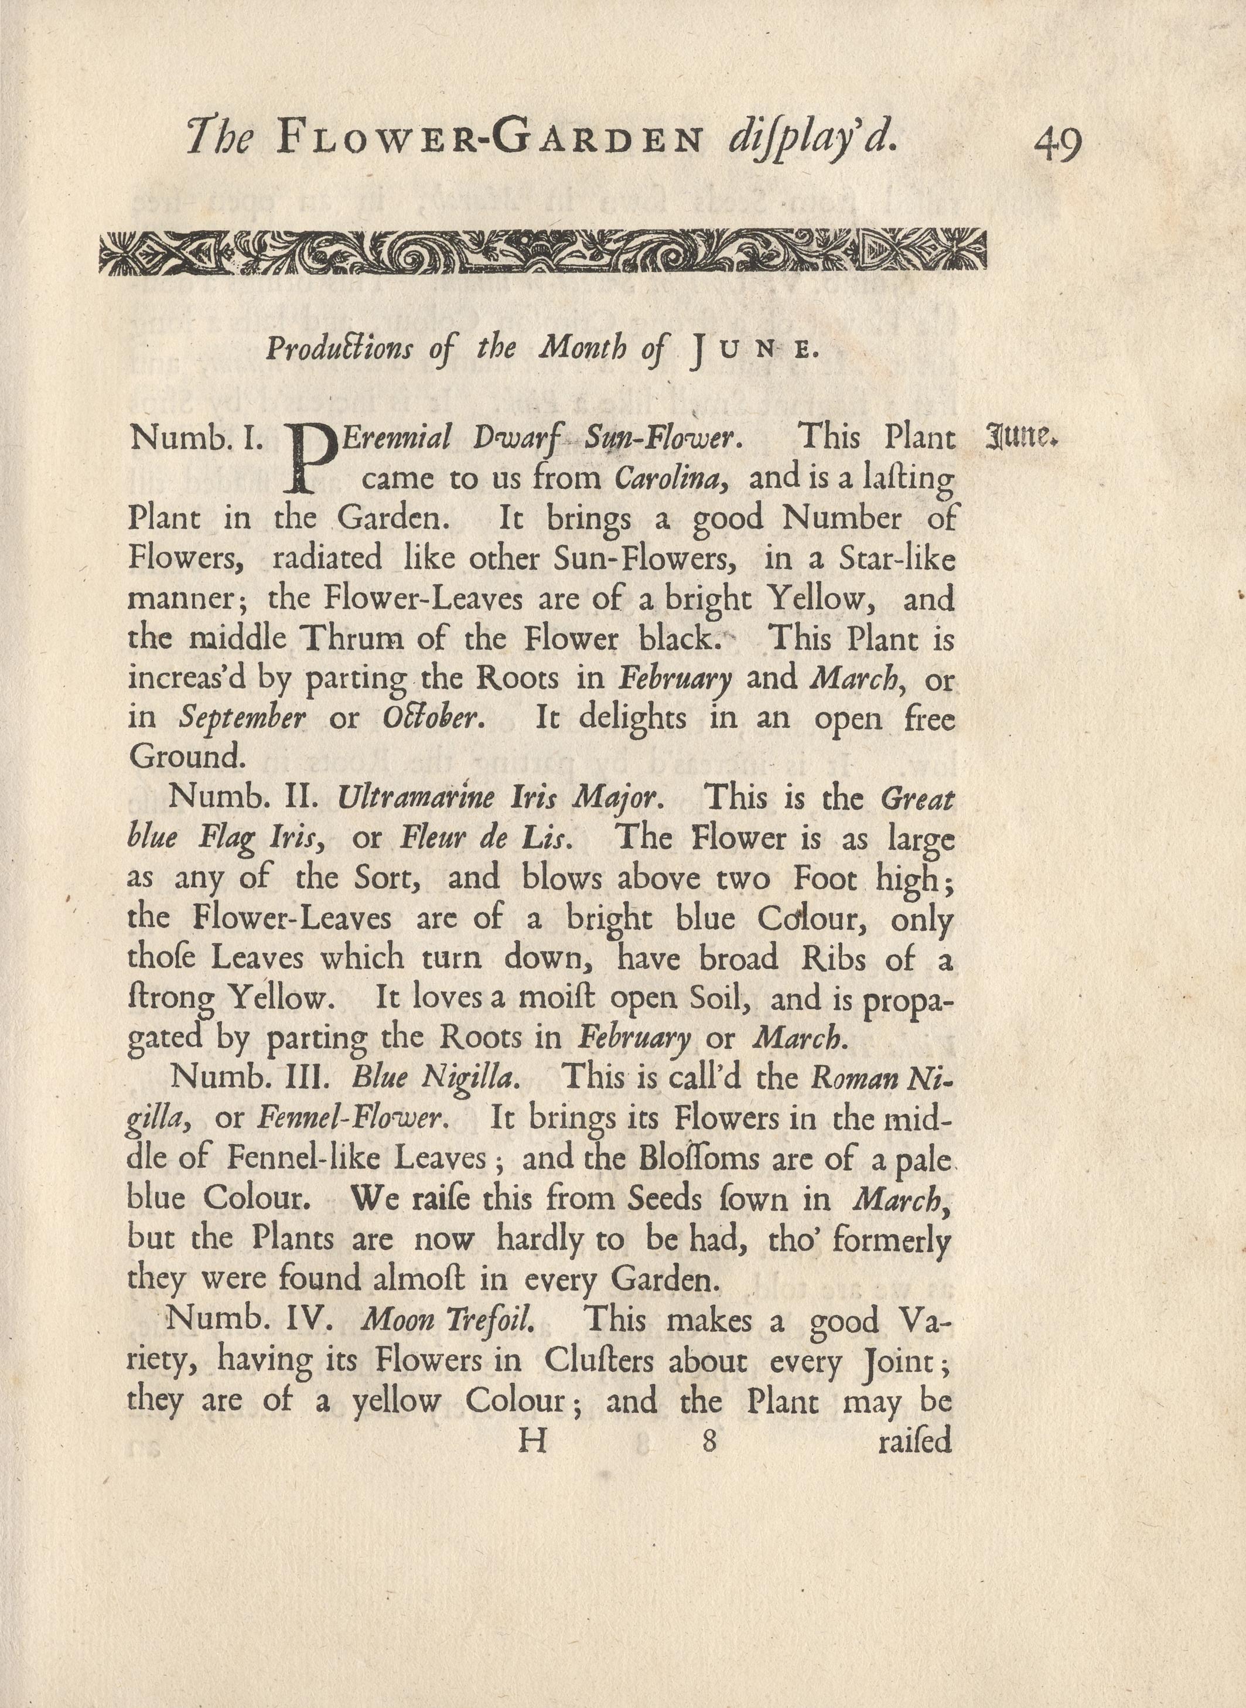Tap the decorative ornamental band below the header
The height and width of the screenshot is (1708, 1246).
tap(542, 251)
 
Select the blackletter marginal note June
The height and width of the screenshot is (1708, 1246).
tap(1023, 437)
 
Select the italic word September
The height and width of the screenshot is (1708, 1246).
tap(242, 717)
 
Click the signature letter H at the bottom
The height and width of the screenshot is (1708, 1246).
tap(532, 1441)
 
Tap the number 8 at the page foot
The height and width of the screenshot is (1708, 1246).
tap(708, 1441)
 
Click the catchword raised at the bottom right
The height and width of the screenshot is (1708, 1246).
tap(915, 1441)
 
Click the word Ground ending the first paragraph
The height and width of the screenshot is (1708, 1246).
tap(186, 756)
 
